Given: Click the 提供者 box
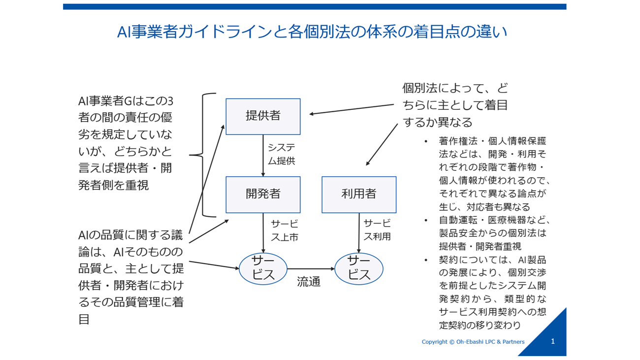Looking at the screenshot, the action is (x=263, y=117).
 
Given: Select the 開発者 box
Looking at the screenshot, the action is (x=263, y=195).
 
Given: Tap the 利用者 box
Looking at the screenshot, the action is (x=359, y=195).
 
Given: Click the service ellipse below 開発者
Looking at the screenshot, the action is (x=263, y=269).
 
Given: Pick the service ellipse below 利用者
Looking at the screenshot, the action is (x=359, y=269).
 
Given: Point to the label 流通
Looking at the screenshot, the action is (x=309, y=282).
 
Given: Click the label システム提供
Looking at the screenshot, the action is (x=282, y=154).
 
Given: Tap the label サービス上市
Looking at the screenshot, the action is (x=285, y=230).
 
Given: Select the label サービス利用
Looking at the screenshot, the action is (x=377, y=230).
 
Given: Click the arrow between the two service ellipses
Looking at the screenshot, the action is (x=311, y=269).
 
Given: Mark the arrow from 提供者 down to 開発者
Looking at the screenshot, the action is (x=263, y=156).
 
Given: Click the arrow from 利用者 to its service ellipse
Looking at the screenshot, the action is (x=359, y=233).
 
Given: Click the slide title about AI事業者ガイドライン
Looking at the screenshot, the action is (x=312, y=32).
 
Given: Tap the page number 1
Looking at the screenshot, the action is (x=552, y=341).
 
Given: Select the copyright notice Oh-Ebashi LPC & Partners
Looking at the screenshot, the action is (x=473, y=342).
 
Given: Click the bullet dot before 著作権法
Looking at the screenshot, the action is (x=426, y=141).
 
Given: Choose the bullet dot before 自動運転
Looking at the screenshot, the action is (x=426, y=220).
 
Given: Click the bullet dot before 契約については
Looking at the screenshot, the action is (x=426, y=260).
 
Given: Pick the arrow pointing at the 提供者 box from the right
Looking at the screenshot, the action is (x=352, y=109).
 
